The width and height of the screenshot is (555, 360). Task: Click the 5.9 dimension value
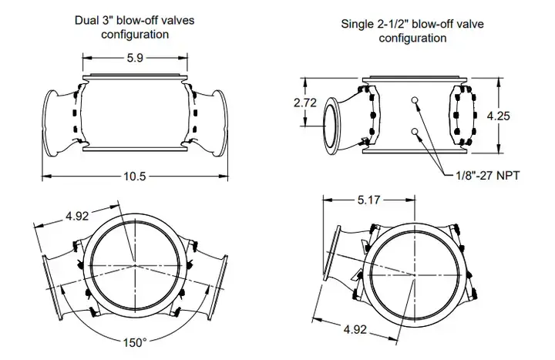coord(135,57)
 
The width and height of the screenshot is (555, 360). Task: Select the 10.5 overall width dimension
coord(135,176)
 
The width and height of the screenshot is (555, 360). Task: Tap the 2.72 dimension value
coord(306,102)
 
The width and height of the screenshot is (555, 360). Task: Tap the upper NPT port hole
coord(415,100)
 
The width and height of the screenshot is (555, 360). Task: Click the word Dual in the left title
coord(89,20)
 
